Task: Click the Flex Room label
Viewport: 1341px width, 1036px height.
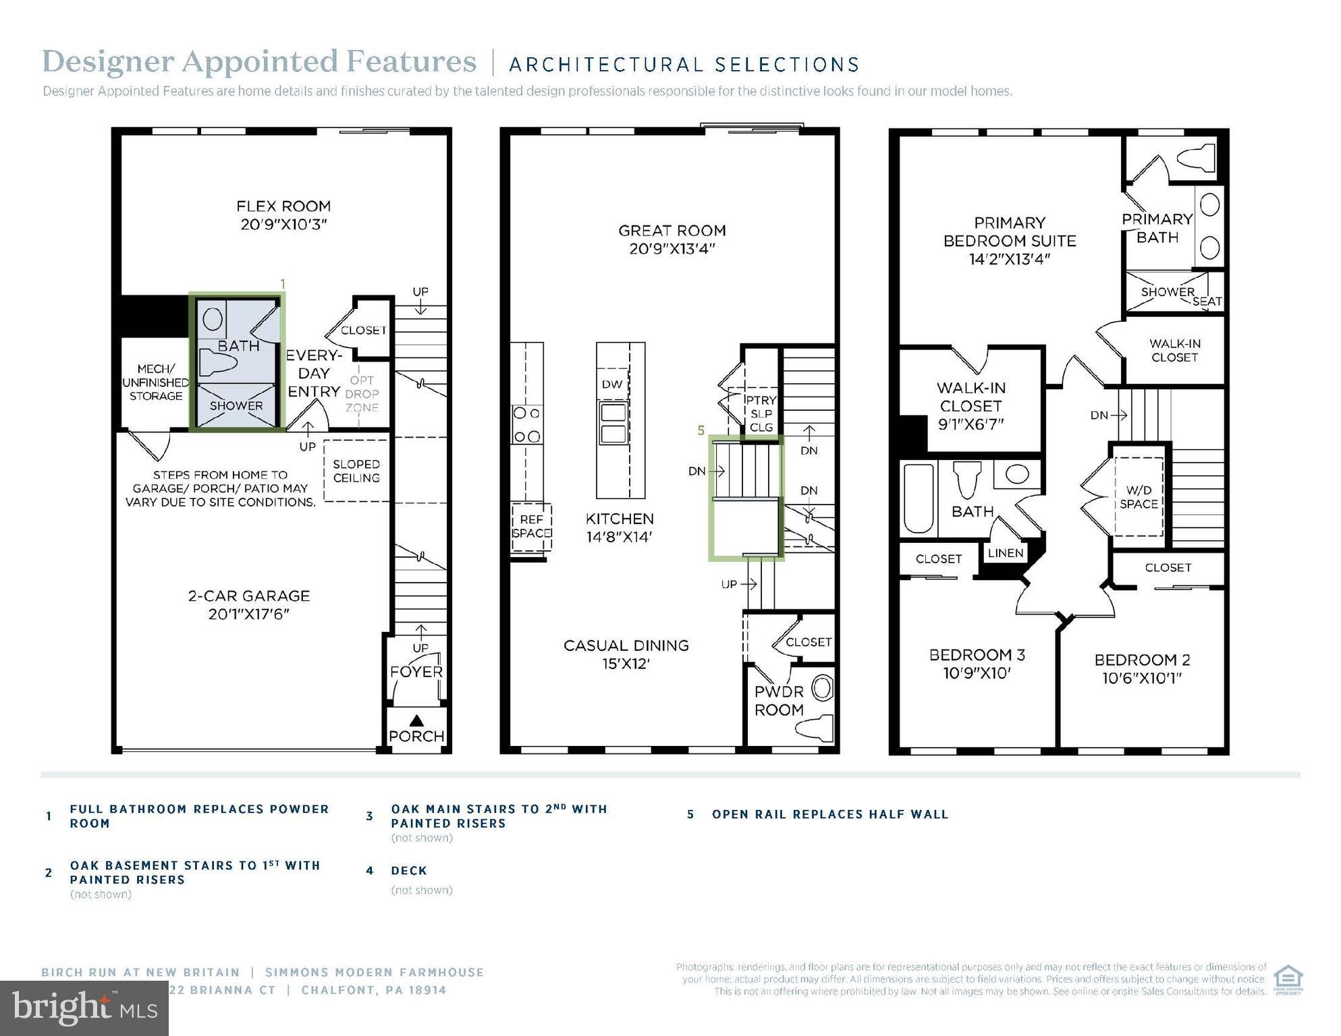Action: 283,206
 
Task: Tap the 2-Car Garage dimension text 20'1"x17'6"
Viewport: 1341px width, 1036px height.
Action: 248,614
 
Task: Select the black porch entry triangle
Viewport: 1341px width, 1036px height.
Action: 416,720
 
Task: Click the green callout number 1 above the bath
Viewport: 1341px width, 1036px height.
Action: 283,285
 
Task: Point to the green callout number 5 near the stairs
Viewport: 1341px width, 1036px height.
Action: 701,430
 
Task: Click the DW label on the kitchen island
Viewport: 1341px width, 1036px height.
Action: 612,384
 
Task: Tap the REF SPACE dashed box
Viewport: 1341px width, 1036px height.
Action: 531,527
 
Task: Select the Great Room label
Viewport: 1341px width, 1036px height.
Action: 672,231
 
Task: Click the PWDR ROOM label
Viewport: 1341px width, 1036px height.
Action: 779,701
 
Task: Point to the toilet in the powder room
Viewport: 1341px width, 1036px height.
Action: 814,729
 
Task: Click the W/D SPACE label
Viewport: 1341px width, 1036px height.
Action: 1139,497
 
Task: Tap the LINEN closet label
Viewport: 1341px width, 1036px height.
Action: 1006,553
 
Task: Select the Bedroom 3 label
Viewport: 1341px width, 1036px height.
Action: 977,655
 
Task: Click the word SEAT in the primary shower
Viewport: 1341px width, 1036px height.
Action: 1207,301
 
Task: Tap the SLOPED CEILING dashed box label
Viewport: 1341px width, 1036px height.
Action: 356,471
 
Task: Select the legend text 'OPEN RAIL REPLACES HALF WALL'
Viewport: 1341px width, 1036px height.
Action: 830,815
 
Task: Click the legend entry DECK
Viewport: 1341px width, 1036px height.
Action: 409,871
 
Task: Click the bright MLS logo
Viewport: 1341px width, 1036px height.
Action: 84,1008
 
